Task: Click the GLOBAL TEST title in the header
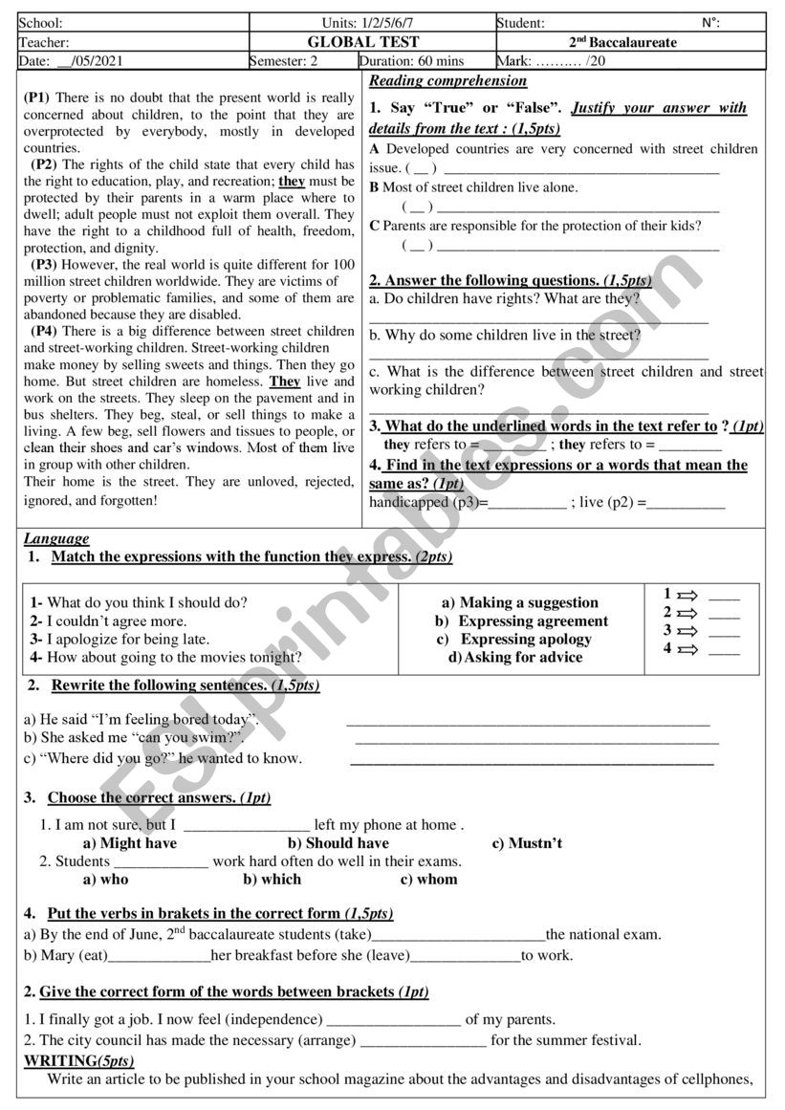tap(363, 42)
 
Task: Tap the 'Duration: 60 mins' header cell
tap(412, 61)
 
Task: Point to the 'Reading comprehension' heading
tap(447, 81)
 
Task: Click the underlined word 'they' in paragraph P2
tap(292, 181)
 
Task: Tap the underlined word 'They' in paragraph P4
tap(285, 381)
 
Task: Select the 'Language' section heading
tap(56, 538)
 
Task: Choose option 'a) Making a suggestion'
tap(519, 602)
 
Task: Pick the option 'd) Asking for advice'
tap(515, 657)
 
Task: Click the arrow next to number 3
tap(687, 631)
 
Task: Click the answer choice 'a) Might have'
tap(130, 843)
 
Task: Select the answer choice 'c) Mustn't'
tap(527, 843)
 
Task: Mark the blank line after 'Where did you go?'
tap(532, 760)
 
